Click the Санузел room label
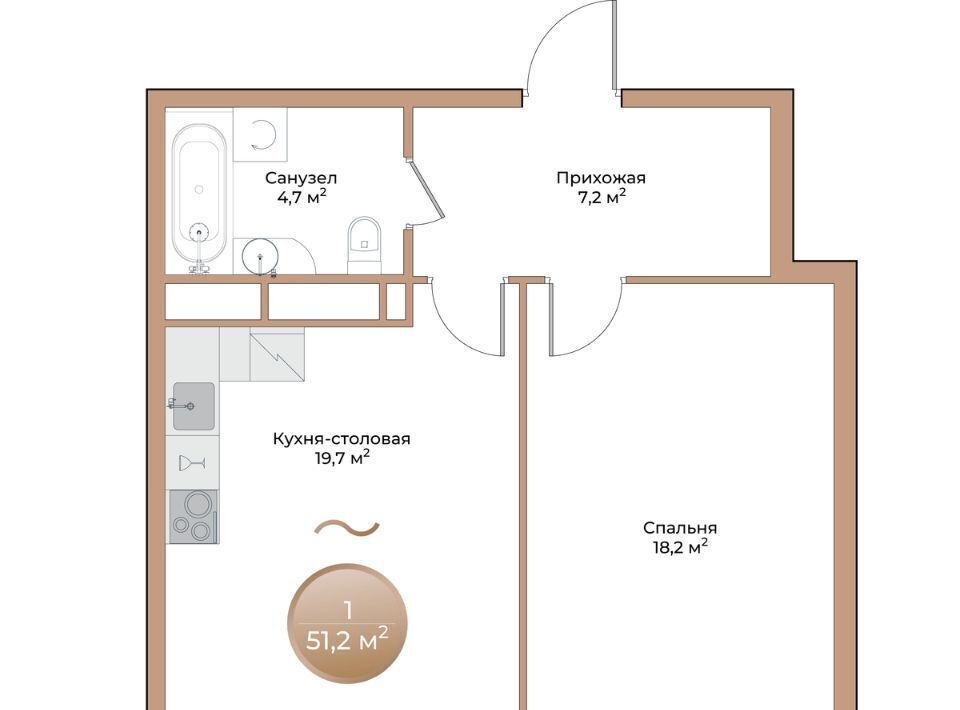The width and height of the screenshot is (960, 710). coord(301,178)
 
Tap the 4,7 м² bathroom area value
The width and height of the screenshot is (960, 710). coord(301,196)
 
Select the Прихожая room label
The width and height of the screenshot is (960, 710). coord(601,178)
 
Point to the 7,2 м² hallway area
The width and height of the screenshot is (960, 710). coord(602,196)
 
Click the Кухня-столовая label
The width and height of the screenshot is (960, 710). coord(342,439)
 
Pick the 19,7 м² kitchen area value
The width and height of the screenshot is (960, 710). coord(342,457)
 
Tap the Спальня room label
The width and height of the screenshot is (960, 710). coord(680,528)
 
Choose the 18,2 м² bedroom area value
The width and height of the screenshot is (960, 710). coord(680,547)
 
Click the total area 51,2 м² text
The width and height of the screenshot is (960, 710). coord(347,640)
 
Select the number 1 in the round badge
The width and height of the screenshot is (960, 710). coord(348,610)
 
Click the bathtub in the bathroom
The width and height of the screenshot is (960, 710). coord(199,196)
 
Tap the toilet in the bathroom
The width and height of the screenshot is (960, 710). coord(364,245)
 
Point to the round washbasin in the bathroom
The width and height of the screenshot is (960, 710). coord(260,255)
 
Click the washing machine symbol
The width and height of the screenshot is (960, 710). coord(260,135)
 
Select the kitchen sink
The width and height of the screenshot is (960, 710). coord(193,406)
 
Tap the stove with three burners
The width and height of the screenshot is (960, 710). coord(193,517)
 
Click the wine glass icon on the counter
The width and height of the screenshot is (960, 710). coord(192,463)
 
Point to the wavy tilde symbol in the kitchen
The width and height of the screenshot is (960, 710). coord(347,528)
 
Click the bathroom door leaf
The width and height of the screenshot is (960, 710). coord(427,189)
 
